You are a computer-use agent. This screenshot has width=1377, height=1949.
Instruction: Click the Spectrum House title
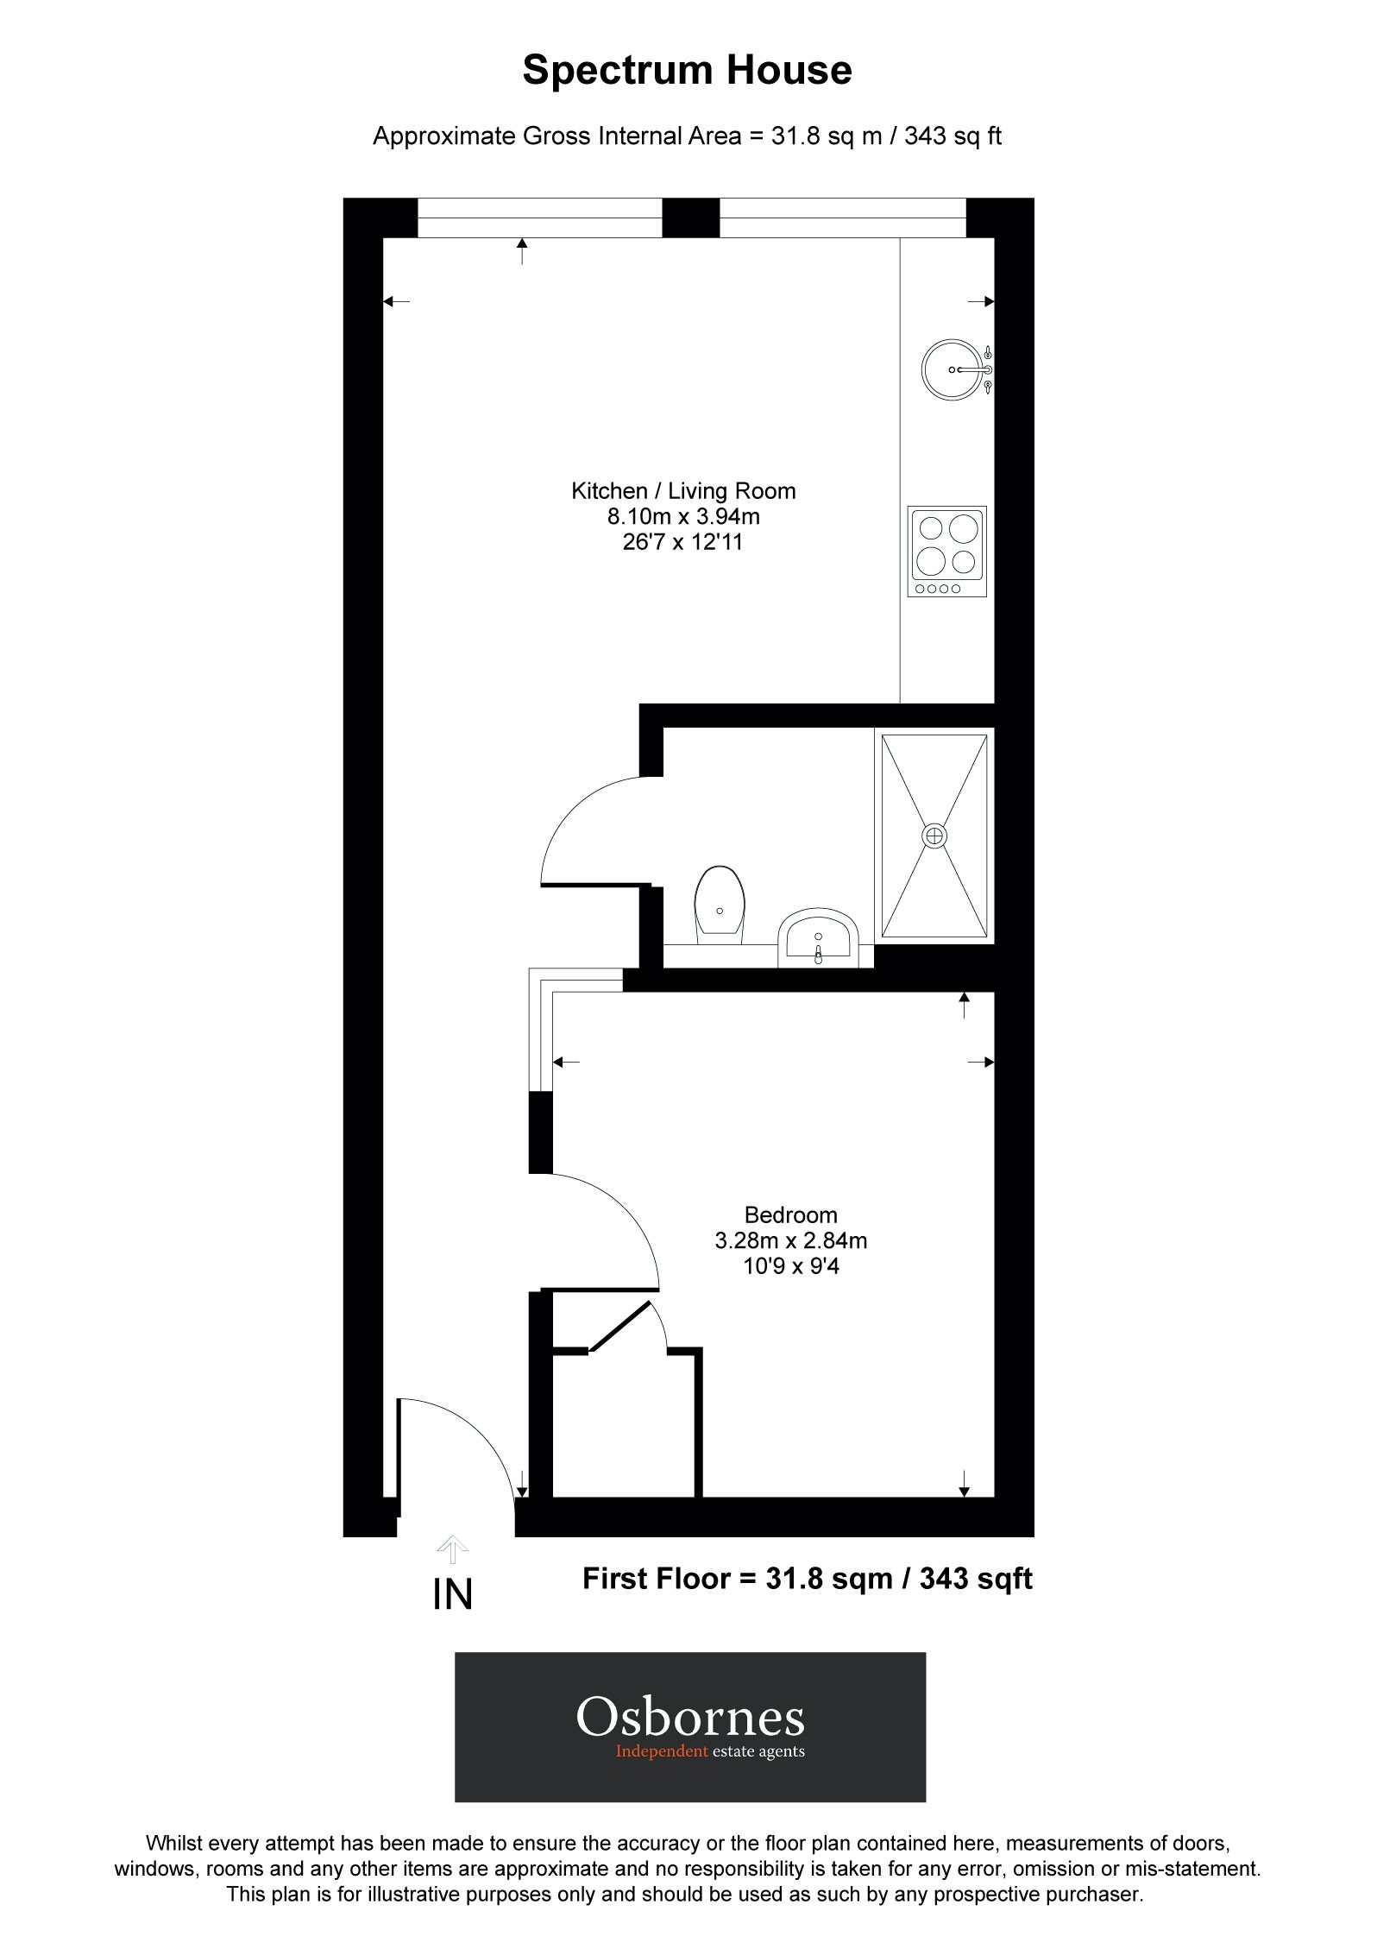[x=687, y=71]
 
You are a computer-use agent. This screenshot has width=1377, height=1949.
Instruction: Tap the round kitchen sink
[x=952, y=369]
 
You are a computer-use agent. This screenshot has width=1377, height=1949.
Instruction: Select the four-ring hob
[x=946, y=551]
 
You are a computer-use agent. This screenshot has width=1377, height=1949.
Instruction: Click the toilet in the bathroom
[x=720, y=902]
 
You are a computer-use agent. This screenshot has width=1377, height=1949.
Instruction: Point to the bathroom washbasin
[x=818, y=937]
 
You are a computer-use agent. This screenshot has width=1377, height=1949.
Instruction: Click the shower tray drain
[x=934, y=835]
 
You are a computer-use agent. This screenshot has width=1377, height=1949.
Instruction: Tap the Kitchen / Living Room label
[x=683, y=491]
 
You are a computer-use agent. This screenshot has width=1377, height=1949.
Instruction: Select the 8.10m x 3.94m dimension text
[x=683, y=517]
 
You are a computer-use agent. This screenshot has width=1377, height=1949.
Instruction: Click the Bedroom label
[x=790, y=1215]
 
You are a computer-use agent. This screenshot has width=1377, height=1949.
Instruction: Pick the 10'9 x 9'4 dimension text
[x=790, y=1266]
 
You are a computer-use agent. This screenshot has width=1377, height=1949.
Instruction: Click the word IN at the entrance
[x=453, y=1596]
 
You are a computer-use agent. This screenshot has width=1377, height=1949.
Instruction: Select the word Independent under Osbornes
[x=662, y=1751]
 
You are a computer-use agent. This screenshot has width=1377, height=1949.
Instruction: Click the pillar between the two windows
[x=690, y=218]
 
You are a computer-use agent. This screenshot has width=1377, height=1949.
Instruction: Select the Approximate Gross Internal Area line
[x=687, y=136]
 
